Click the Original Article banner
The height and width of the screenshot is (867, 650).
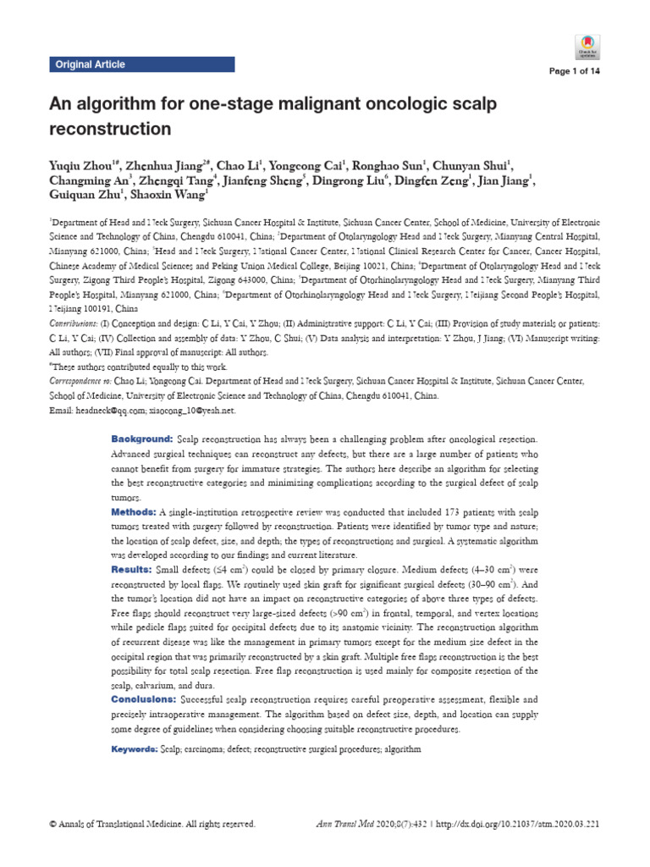point(90,64)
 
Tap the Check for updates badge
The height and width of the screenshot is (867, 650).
point(587,46)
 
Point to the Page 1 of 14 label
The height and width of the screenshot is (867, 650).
point(575,71)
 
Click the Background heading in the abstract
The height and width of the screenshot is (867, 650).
point(141,439)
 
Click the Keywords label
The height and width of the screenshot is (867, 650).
point(135,749)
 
